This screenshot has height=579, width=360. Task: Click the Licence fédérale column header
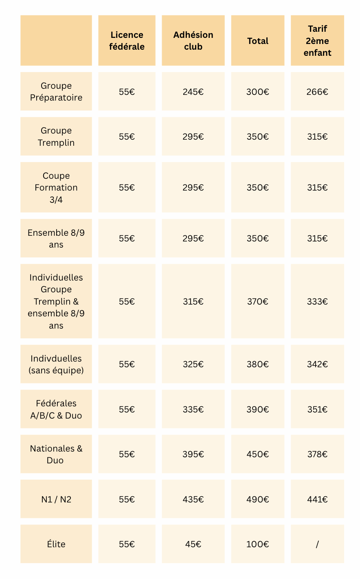coord(127,41)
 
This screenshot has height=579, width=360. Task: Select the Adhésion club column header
coord(193,41)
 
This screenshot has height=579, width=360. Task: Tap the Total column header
coord(258,41)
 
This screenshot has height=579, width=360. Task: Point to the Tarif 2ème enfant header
coord(317,41)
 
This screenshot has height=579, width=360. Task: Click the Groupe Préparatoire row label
coord(56,92)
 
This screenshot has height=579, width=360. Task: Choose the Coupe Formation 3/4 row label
coord(56,187)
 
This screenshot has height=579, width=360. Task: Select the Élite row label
coord(56,544)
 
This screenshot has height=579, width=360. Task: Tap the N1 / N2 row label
coord(56,499)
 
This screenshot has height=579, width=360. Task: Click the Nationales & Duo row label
coord(56,454)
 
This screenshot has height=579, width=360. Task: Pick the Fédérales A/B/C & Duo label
coord(56,409)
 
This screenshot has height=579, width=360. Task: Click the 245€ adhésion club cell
coord(193,92)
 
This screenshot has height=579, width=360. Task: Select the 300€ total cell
coord(258,92)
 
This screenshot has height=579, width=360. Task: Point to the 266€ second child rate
coord(317,92)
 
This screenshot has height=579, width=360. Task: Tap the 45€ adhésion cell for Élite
coord(193,544)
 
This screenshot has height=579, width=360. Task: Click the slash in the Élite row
coord(317,544)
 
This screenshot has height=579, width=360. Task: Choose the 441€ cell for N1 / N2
coord(317,499)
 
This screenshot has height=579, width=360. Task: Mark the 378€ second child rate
coord(317,454)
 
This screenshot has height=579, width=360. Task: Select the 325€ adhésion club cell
coord(193,364)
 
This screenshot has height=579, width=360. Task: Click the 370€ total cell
coord(258,301)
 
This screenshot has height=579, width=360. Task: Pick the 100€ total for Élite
coord(258,544)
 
